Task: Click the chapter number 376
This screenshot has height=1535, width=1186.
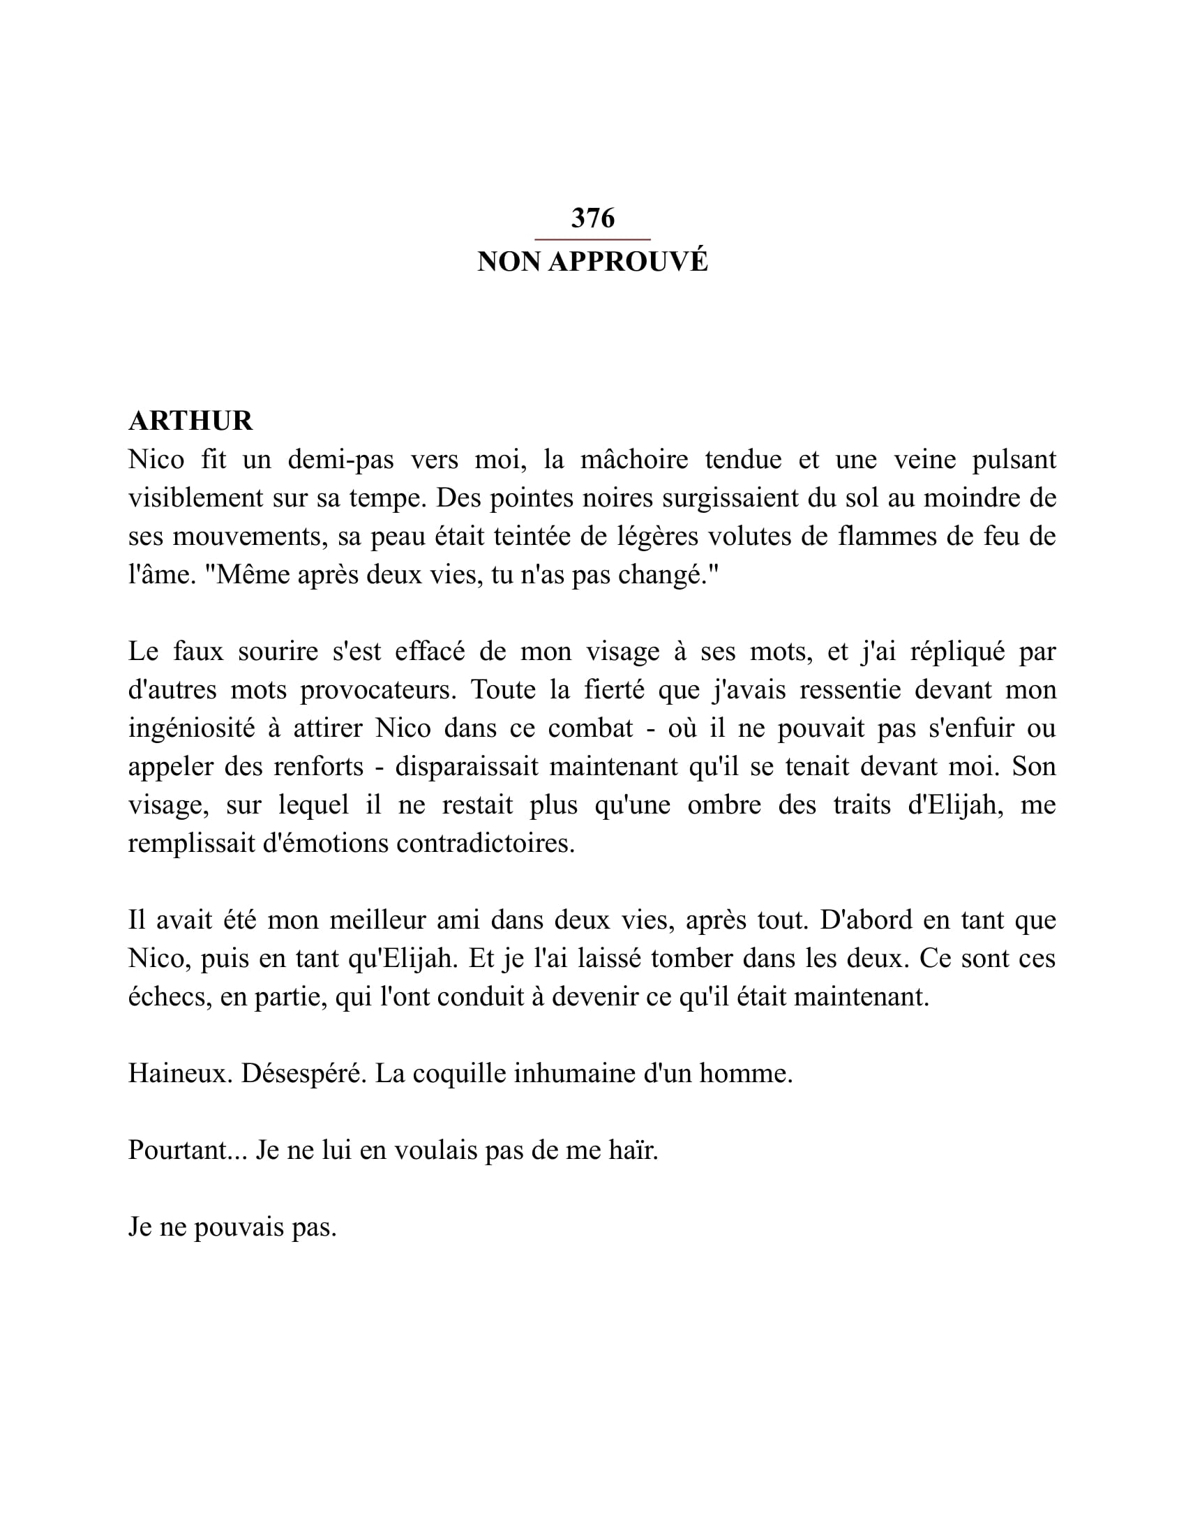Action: pos(592,218)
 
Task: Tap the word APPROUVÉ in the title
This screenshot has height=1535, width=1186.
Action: pos(628,262)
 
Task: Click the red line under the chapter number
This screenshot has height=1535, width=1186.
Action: pos(592,239)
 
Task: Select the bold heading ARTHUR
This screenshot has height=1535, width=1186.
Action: pos(190,421)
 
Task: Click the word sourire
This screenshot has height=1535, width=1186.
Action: pos(278,652)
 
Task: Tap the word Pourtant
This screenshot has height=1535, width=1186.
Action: pos(188,1151)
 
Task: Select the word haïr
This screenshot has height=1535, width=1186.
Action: pos(633,1151)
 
